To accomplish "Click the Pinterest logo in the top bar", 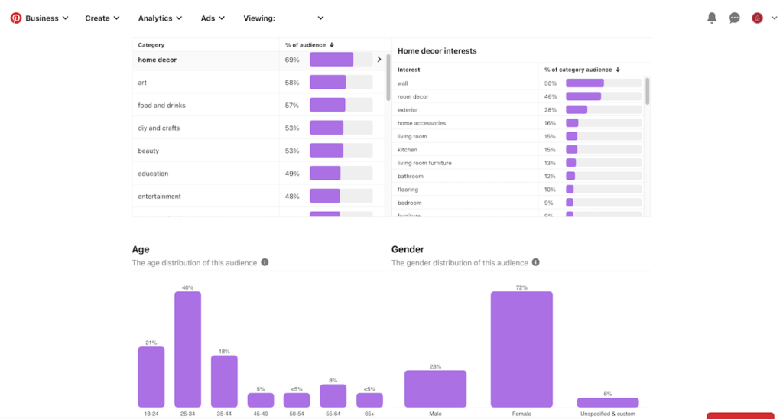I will pyautogui.click(x=15, y=18).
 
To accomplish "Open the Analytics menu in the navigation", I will pyautogui.click(x=160, y=18).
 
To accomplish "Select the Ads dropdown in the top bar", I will pyautogui.click(x=213, y=18).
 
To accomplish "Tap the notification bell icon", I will pyautogui.click(x=711, y=18).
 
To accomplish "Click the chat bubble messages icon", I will pyautogui.click(x=734, y=18).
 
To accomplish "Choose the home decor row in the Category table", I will pyautogui.click(x=158, y=60).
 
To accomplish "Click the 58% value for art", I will pyautogui.click(x=292, y=83).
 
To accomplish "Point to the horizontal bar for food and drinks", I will pyautogui.click(x=327, y=105).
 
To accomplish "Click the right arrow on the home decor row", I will pyautogui.click(x=379, y=60).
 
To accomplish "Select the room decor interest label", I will pyautogui.click(x=413, y=96).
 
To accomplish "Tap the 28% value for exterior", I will pyautogui.click(x=550, y=110).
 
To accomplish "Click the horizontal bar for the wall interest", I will pyautogui.click(x=584, y=83).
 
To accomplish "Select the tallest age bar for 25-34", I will pyautogui.click(x=187, y=349).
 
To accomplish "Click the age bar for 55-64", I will pyautogui.click(x=333, y=395).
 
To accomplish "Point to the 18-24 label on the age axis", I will pyautogui.click(x=151, y=414).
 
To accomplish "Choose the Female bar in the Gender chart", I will pyautogui.click(x=521, y=349).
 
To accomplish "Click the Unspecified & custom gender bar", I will pyautogui.click(x=608, y=402).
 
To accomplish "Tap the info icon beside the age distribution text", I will pyautogui.click(x=265, y=262).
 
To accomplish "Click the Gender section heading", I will pyautogui.click(x=408, y=249).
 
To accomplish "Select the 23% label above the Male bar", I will pyautogui.click(x=435, y=366).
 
